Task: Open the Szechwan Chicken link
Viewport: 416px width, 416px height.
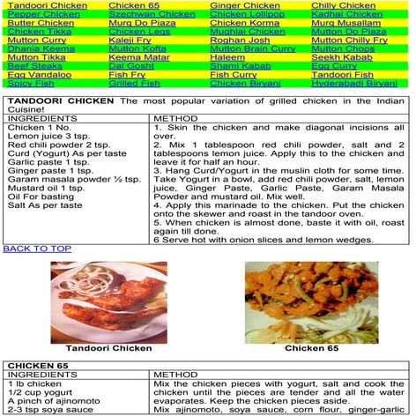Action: pos(152,15)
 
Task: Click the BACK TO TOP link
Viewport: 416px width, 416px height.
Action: pos(37,249)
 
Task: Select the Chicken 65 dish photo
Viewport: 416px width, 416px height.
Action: pos(311,301)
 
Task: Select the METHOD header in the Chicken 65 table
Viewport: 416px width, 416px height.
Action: pos(176,375)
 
